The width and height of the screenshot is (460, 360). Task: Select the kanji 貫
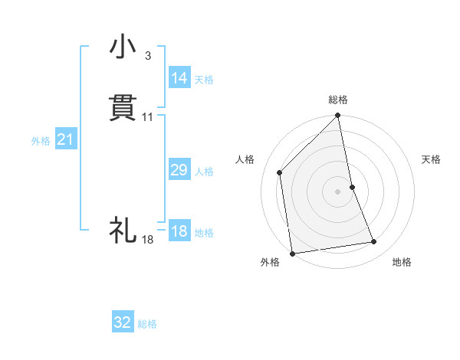coord(123,107)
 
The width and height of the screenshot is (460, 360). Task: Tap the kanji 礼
coord(123,230)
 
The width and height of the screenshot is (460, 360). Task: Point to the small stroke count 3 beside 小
coord(147,56)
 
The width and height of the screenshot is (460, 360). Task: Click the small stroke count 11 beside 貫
coord(148,117)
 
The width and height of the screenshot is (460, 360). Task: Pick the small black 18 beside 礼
coord(148,240)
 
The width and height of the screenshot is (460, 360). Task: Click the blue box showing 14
coord(179,78)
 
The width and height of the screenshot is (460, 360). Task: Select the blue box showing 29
coord(179,170)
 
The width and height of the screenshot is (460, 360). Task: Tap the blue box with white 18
coord(179,231)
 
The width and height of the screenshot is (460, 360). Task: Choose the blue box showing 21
coord(66,140)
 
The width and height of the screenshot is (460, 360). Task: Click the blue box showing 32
coord(123,322)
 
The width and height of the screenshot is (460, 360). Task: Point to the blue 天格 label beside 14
coord(204,80)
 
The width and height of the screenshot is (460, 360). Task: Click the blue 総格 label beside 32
coord(147,324)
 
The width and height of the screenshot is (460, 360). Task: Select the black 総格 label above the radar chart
coord(338,100)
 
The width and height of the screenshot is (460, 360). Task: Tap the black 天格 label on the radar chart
coord(431,159)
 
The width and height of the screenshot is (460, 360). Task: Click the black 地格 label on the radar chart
coord(402,262)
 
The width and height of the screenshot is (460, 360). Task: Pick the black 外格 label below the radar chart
coord(270,262)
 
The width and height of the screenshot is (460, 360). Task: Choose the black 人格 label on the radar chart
coord(245,159)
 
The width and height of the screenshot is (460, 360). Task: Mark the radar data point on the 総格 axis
coord(338,116)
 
